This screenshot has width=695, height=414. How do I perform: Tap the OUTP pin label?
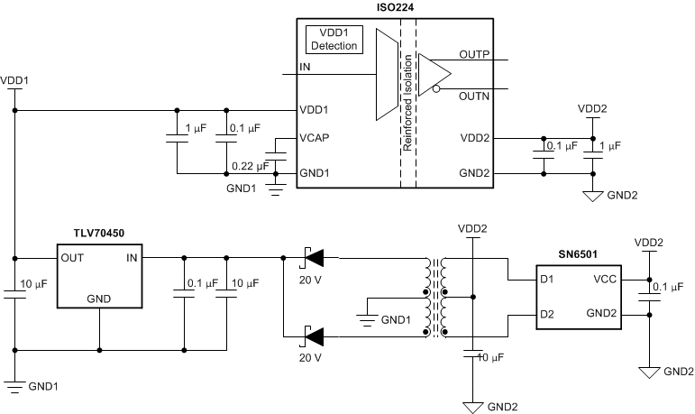tap(474, 54)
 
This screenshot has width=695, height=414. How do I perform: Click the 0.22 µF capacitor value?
tap(250, 165)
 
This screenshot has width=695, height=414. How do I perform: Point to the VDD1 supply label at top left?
tap(16, 81)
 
